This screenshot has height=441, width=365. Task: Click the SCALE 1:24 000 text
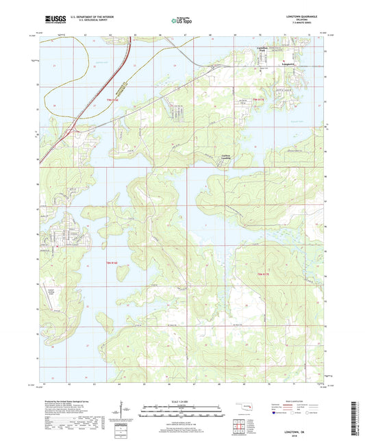[x=181, y=401]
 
